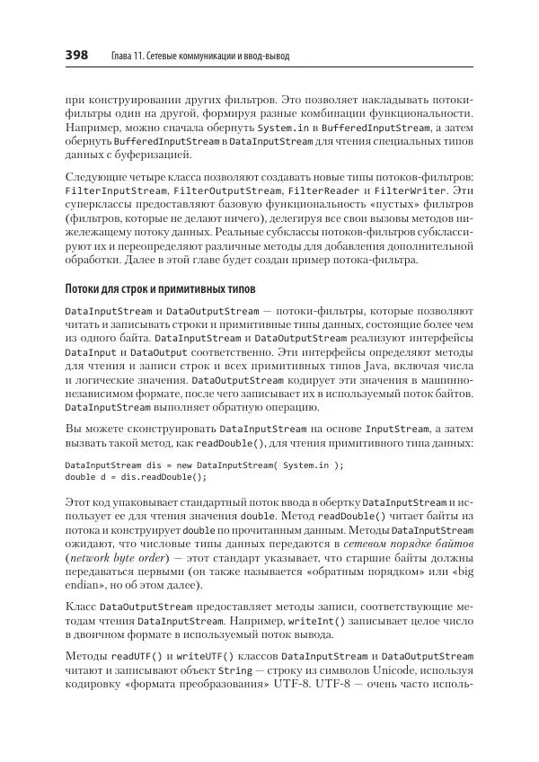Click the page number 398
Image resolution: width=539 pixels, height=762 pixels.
click(75, 56)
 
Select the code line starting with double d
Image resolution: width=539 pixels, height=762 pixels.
click(136, 477)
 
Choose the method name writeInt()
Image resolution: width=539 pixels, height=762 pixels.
click(305, 620)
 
